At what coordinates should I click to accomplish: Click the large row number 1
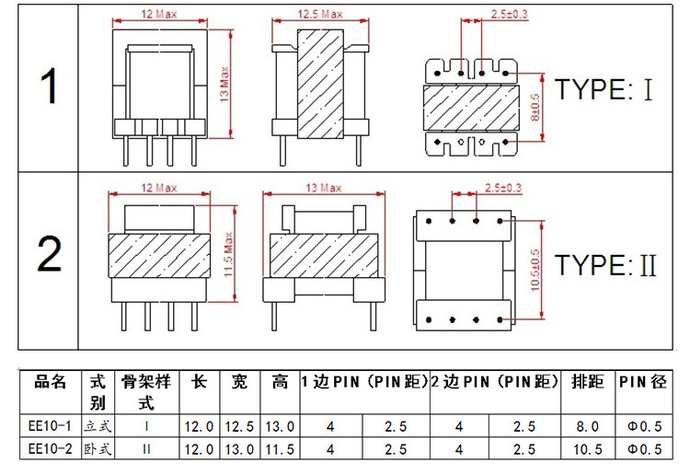tap(49, 87)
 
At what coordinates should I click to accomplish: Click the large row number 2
tap(49, 253)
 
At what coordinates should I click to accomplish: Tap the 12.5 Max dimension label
tap(320, 14)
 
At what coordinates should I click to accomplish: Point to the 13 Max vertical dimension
tap(224, 85)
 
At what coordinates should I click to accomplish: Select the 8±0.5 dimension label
tap(535, 107)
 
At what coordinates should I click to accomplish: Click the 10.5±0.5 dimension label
tap(535, 270)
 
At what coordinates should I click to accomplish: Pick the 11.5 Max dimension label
tap(228, 254)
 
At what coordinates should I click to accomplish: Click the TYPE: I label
tap(604, 89)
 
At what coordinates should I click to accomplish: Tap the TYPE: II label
tap(605, 265)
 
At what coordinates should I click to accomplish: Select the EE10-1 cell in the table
tap(50, 426)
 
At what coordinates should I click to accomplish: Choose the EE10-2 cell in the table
tap(50, 449)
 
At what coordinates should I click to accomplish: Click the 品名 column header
tap(51, 382)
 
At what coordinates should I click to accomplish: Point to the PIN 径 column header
tap(643, 382)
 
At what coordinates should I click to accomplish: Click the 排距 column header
tap(588, 382)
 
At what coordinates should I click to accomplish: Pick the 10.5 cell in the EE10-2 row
tap(588, 449)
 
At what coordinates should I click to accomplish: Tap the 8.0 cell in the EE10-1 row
tap(588, 426)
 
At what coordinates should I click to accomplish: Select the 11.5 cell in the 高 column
tap(280, 449)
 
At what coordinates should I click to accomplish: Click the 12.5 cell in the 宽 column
tap(239, 426)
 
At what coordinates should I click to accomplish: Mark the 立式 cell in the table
tap(98, 426)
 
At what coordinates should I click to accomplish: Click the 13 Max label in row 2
tap(324, 188)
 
